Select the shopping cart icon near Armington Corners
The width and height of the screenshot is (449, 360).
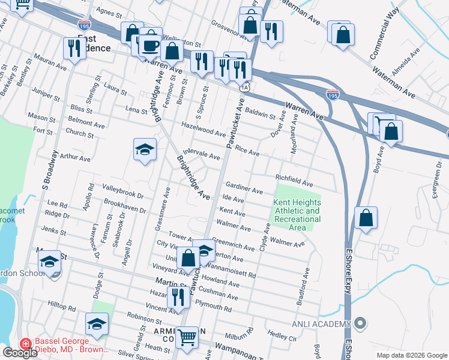[x=187, y=337]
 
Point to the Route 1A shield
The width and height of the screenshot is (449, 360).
[x=243, y=88]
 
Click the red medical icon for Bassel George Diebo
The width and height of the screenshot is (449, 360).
[x=25, y=344]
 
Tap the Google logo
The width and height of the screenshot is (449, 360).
[x=20, y=353]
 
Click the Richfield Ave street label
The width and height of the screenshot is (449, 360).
[x=294, y=181]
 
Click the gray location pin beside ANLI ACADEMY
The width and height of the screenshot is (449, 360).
[x=360, y=324]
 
